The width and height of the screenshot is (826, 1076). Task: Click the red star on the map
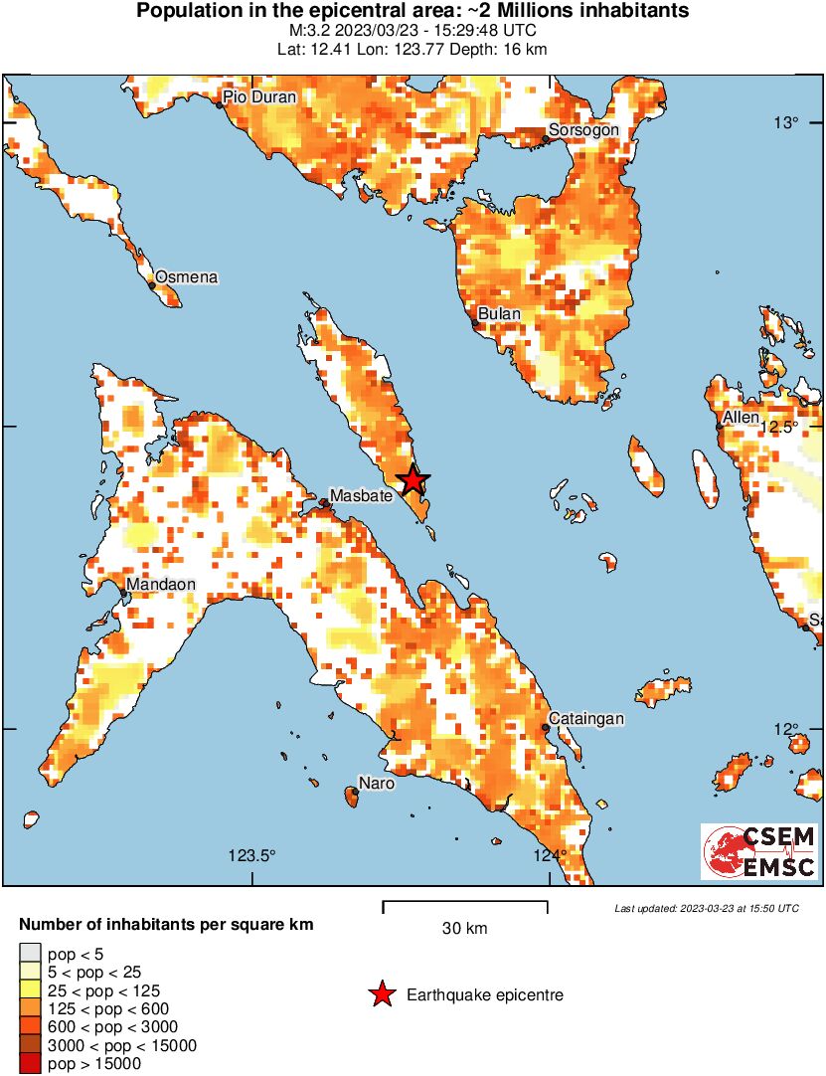point(413,481)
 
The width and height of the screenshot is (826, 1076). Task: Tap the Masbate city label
point(361,495)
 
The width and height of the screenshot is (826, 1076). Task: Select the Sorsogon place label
point(583,130)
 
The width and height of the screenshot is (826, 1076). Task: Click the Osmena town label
point(186,277)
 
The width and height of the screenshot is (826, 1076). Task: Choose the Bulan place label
point(499,314)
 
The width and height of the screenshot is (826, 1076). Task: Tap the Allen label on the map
point(742,418)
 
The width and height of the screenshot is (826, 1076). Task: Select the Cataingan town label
point(587,719)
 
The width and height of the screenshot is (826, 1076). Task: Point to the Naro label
point(377,784)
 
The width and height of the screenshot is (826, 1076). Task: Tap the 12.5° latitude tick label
point(782,427)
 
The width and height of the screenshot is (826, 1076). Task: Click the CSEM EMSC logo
point(759,852)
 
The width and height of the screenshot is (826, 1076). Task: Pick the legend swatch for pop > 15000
point(31,1064)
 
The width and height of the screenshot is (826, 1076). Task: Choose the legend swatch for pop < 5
point(31,954)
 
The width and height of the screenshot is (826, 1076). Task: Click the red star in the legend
point(381,994)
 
